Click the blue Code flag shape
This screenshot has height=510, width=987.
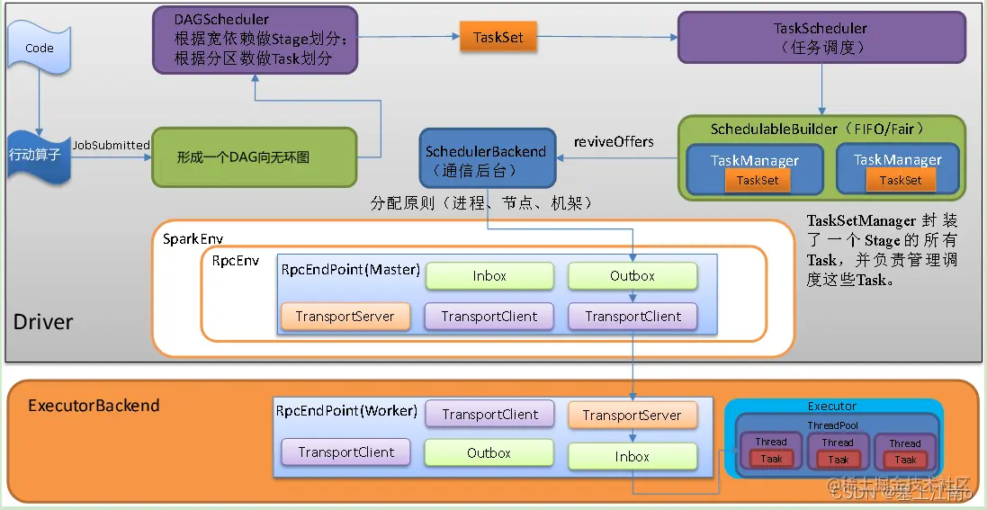pyautogui.click(x=39, y=49)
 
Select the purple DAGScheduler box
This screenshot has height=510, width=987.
pyautogui.click(x=254, y=40)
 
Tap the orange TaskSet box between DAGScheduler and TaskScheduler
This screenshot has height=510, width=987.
pyautogui.click(x=498, y=38)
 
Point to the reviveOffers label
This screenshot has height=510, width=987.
pyautogui.click(x=614, y=142)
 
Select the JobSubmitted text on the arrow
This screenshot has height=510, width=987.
pyautogui.click(x=112, y=145)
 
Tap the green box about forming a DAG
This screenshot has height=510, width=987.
pyautogui.click(x=255, y=157)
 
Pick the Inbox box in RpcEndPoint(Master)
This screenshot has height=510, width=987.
pyautogui.click(x=489, y=276)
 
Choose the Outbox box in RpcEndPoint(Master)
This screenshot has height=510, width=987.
pyautogui.click(x=632, y=276)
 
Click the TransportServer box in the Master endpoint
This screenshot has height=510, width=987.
pyautogui.click(x=345, y=317)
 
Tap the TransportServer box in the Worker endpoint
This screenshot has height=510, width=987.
pyautogui.click(x=632, y=415)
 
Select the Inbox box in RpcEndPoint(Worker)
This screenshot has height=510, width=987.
pyautogui.click(x=632, y=456)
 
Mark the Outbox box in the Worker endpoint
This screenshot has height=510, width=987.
pyautogui.click(x=489, y=453)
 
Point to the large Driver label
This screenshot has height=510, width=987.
pyautogui.click(x=43, y=322)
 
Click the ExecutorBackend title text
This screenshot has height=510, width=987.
pyautogui.click(x=94, y=406)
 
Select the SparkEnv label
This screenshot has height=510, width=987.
pyautogui.click(x=193, y=239)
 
